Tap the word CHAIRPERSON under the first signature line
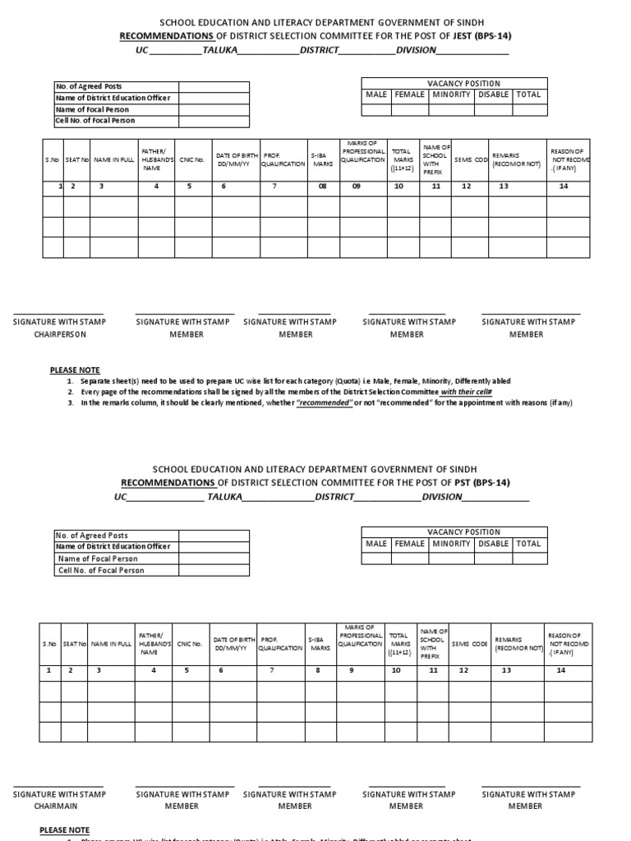click(58, 334)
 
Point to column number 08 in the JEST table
click(322, 186)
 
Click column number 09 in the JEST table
click(357, 186)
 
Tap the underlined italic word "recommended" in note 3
click(325, 402)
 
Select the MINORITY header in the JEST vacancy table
click(451, 94)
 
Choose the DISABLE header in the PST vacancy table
click(493, 544)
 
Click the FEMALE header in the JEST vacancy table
click(409, 94)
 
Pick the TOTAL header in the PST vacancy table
click(528, 544)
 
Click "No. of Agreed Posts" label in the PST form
click(91, 535)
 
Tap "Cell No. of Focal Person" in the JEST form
click(94, 121)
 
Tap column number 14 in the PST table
click(561, 670)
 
